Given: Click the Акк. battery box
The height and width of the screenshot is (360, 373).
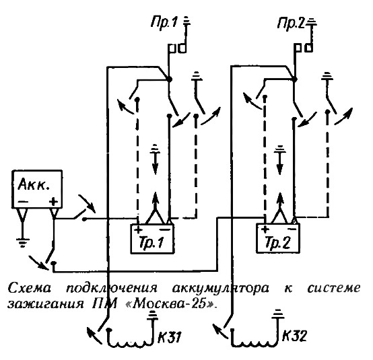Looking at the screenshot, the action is pyautogui.click(x=37, y=189).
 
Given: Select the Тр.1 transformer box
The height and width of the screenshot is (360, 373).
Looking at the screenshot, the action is pyautogui.click(x=152, y=238).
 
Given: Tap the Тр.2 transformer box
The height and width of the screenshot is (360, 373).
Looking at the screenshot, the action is pyautogui.click(x=278, y=238).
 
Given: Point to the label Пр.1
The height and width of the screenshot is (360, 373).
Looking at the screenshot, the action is pyautogui.click(x=164, y=23).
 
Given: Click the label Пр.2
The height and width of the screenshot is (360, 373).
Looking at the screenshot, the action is pyautogui.click(x=291, y=24).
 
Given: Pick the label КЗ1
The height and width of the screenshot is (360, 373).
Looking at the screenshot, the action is pyautogui.click(x=170, y=336).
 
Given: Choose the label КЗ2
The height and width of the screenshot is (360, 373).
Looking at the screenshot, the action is pyautogui.click(x=294, y=336).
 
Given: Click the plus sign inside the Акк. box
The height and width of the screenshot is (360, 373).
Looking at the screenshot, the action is pyautogui.click(x=53, y=202).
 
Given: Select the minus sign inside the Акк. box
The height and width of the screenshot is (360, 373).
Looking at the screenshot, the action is pyautogui.click(x=23, y=202).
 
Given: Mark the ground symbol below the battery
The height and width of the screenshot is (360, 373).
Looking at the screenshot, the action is pyautogui.click(x=23, y=242).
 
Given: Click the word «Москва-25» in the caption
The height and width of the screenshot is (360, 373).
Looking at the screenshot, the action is pyautogui.click(x=170, y=303).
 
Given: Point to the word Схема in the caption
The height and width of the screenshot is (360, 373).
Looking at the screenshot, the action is pyautogui.click(x=30, y=288).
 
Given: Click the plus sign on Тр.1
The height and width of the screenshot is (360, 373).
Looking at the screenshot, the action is pyautogui.click(x=138, y=229).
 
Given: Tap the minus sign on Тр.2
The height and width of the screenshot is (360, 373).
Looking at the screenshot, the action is pyautogui.click(x=292, y=229).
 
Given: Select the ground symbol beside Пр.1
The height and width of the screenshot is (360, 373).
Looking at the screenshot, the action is pyautogui.click(x=186, y=21).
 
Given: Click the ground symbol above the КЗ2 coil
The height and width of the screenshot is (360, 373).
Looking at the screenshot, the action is pyautogui.click(x=277, y=314).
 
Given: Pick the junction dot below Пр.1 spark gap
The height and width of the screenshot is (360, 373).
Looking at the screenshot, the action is pyautogui.click(x=169, y=79).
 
